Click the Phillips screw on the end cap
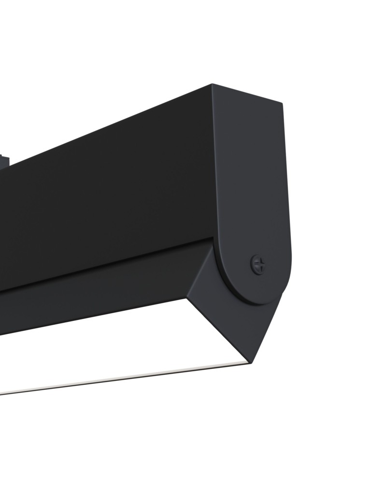259,264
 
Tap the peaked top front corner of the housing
212,85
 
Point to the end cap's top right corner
281,103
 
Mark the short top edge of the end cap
247,93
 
